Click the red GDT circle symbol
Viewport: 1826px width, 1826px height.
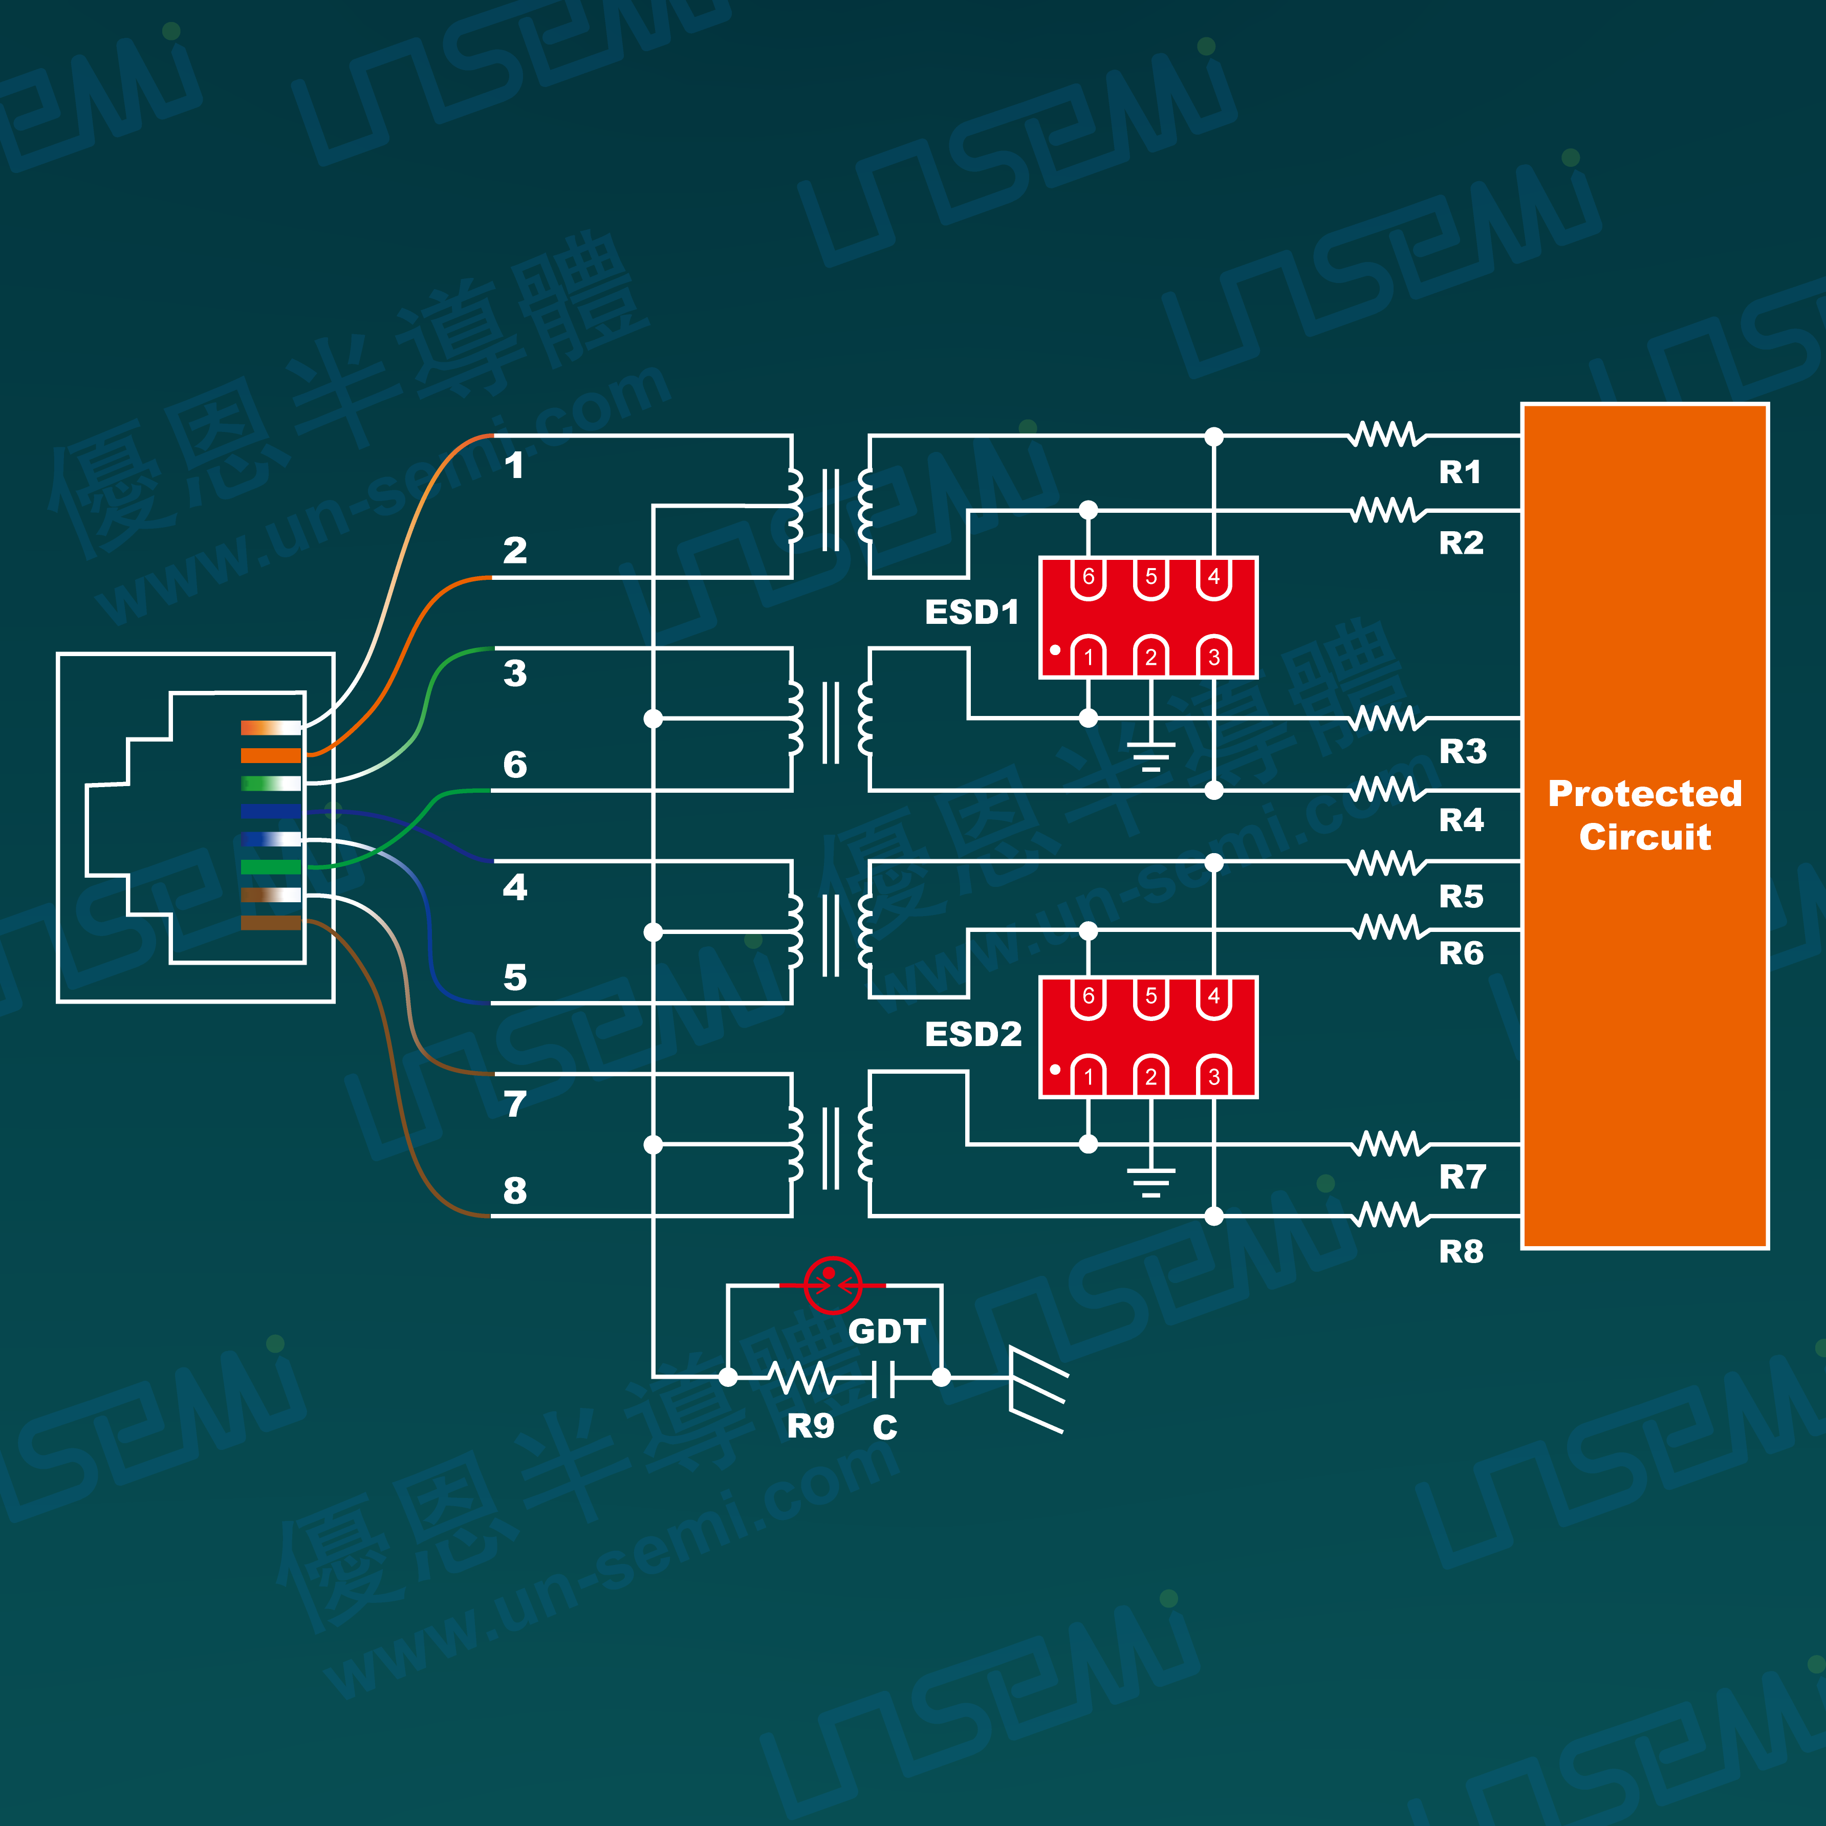click(832, 1286)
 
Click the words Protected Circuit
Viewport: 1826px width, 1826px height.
click(1644, 815)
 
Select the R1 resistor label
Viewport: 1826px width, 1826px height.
click(1460, 472)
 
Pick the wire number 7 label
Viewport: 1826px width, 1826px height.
click(515, 1104)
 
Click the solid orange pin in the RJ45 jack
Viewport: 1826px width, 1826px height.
click(270, 755)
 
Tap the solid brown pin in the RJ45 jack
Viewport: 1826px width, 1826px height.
click(270, 922)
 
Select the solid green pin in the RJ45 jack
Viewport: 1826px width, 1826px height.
click(270, 867)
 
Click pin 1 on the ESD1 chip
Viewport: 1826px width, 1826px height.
click(1089, 655)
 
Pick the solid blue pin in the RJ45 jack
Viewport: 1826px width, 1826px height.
click(270, 811)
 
